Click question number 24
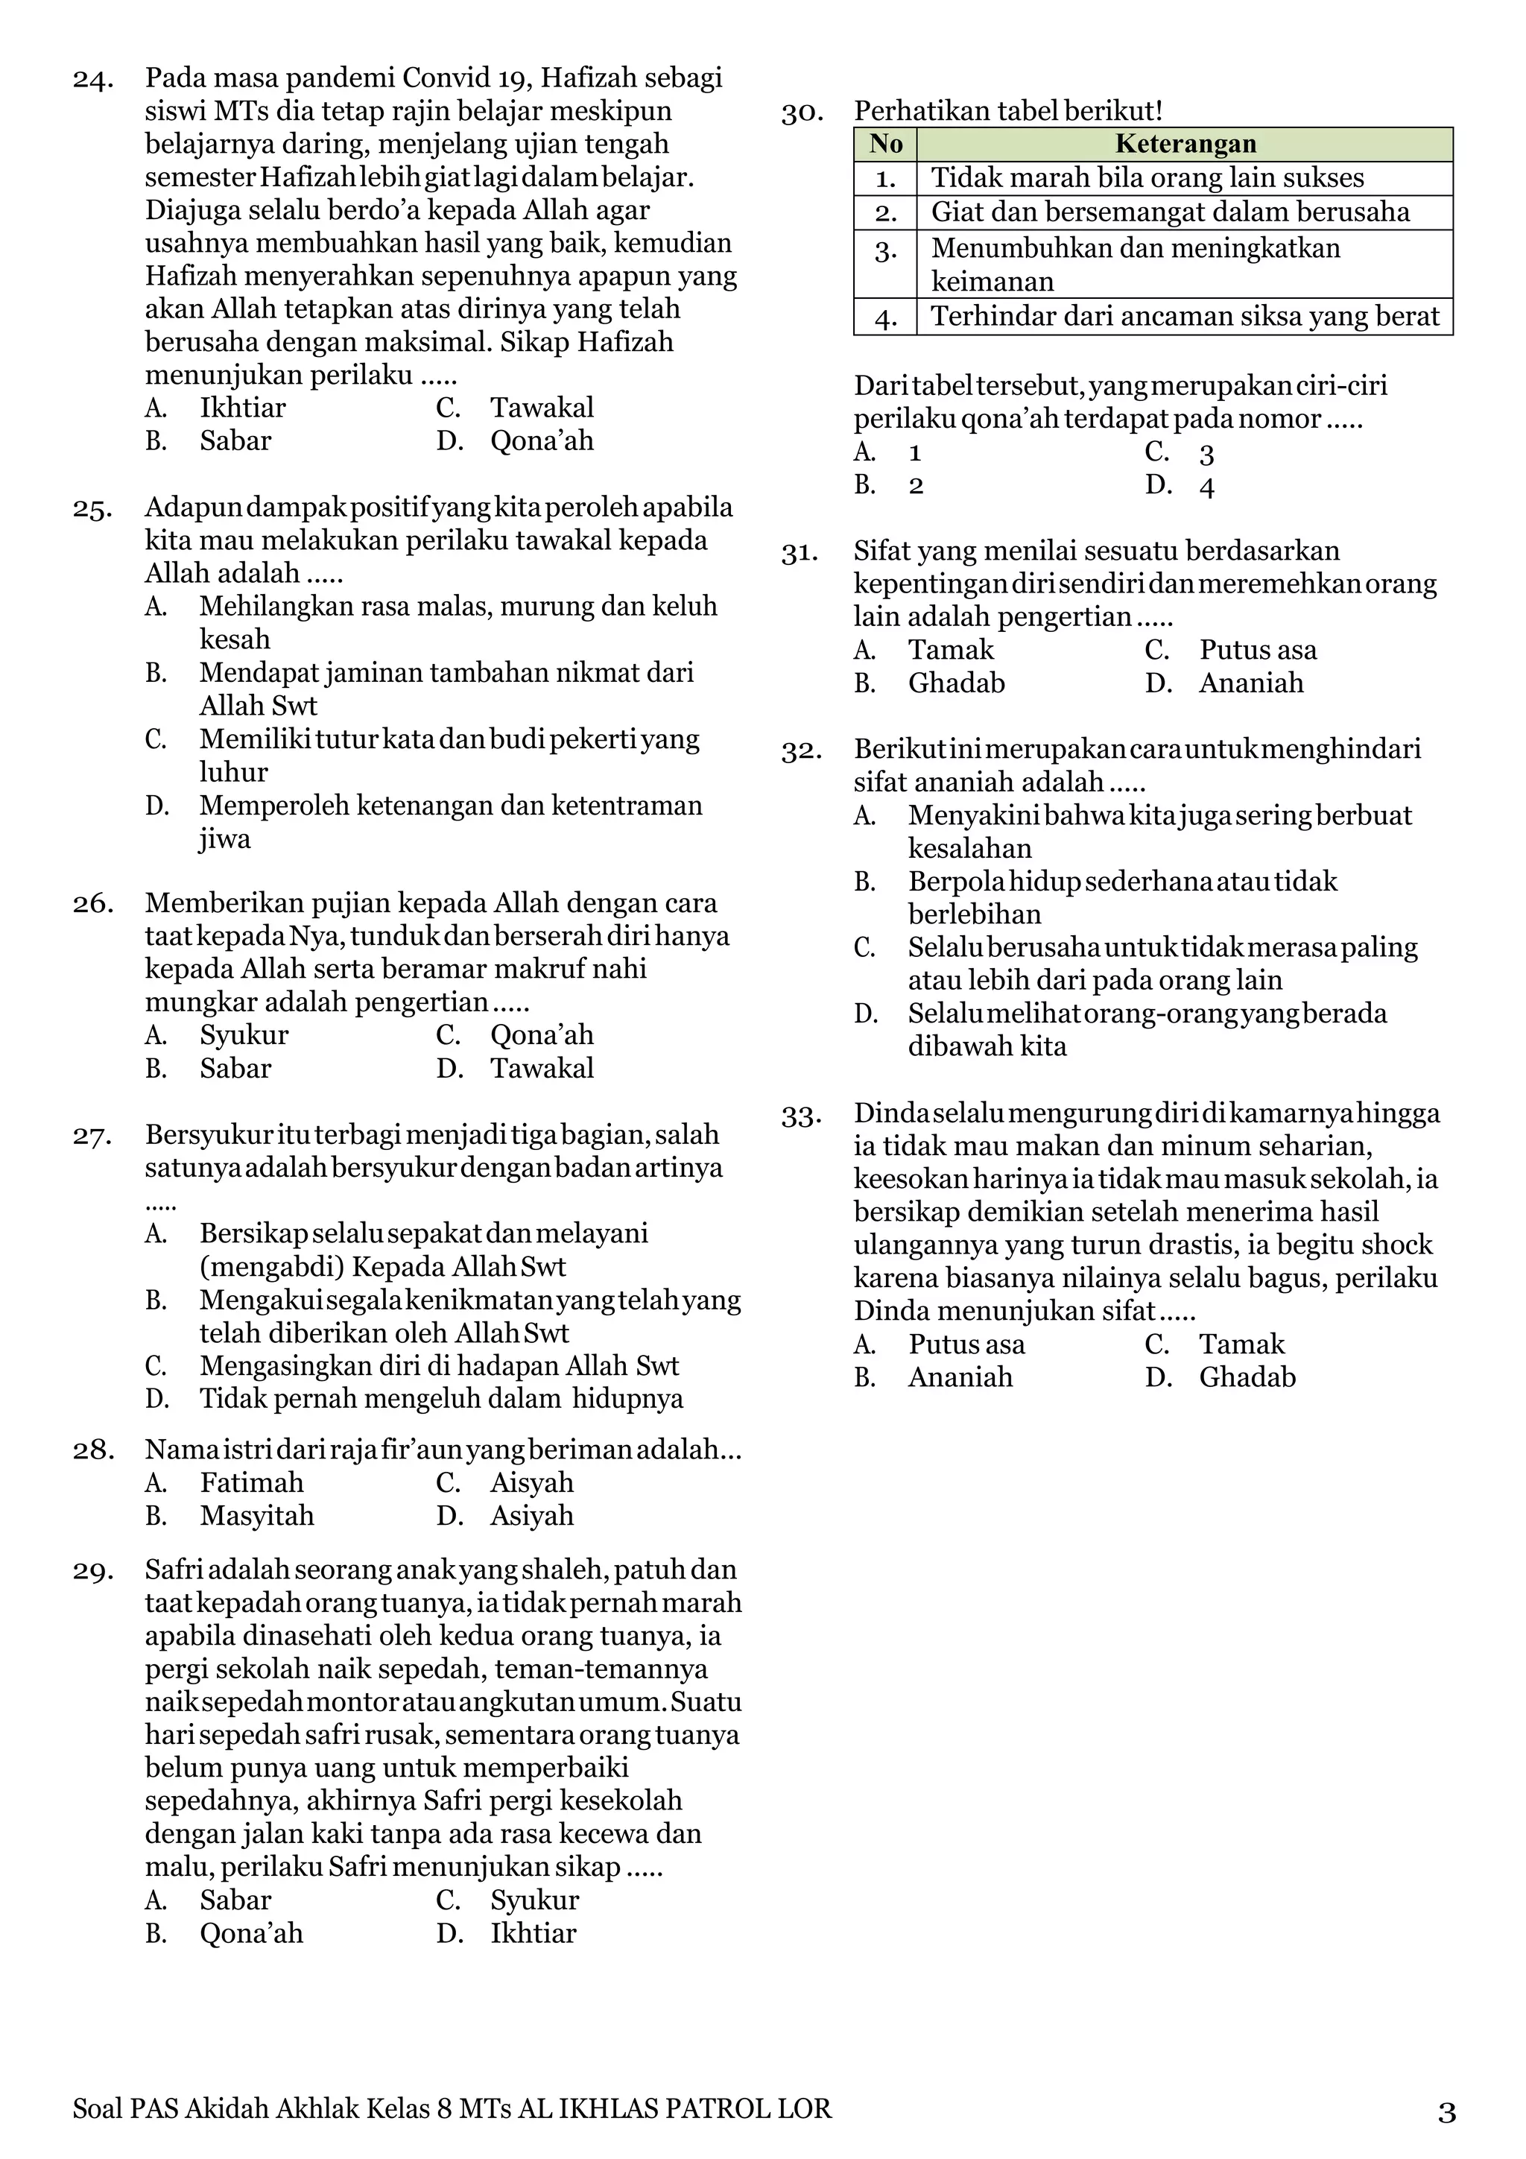coord(93,79)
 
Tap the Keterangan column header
coord(1185,144)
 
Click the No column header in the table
coord(886,144)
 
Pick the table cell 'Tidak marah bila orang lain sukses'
coord(1147,177)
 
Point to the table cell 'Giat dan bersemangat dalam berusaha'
coord(1170,212)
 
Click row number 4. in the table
coord(886,317)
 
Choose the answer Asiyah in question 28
coord(531,1515)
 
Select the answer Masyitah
coord(256,1515)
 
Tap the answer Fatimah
coord(251,1482)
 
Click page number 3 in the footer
coord(1446,2113)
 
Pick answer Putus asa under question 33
coord(966,1344)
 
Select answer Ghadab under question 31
coord(956,683)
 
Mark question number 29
coord(93,1571)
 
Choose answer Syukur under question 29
coord(534,1900)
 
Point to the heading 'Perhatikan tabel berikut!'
coord(1008,111)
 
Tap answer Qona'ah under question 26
coord(542,1034)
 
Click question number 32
coord(801,751)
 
